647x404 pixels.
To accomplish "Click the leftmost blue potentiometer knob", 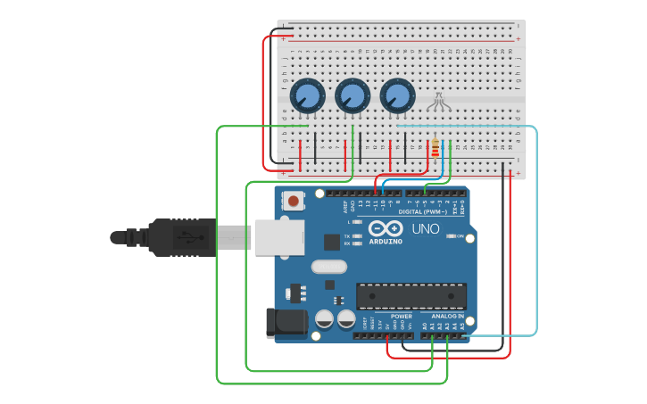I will click(x=306, y=95).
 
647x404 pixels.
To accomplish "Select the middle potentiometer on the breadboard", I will click(x=352, y=95).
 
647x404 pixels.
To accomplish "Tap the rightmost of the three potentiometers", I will click(x=397, y=95).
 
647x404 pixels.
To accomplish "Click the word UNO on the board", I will click(x=426, y=228).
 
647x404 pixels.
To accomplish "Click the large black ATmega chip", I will click(x=411, y=295).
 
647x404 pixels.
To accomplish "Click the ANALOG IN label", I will click(x=447, y=316).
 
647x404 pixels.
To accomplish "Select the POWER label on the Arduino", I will click(x=402, y=316).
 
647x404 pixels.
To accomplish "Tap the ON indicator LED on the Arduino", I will click(x=451, y=236).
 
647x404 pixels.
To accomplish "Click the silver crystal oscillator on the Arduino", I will click(x=328, y=266).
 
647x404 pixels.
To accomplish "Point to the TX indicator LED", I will click(x=357, y=236).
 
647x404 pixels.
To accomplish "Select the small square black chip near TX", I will click(x=332, y=241).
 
